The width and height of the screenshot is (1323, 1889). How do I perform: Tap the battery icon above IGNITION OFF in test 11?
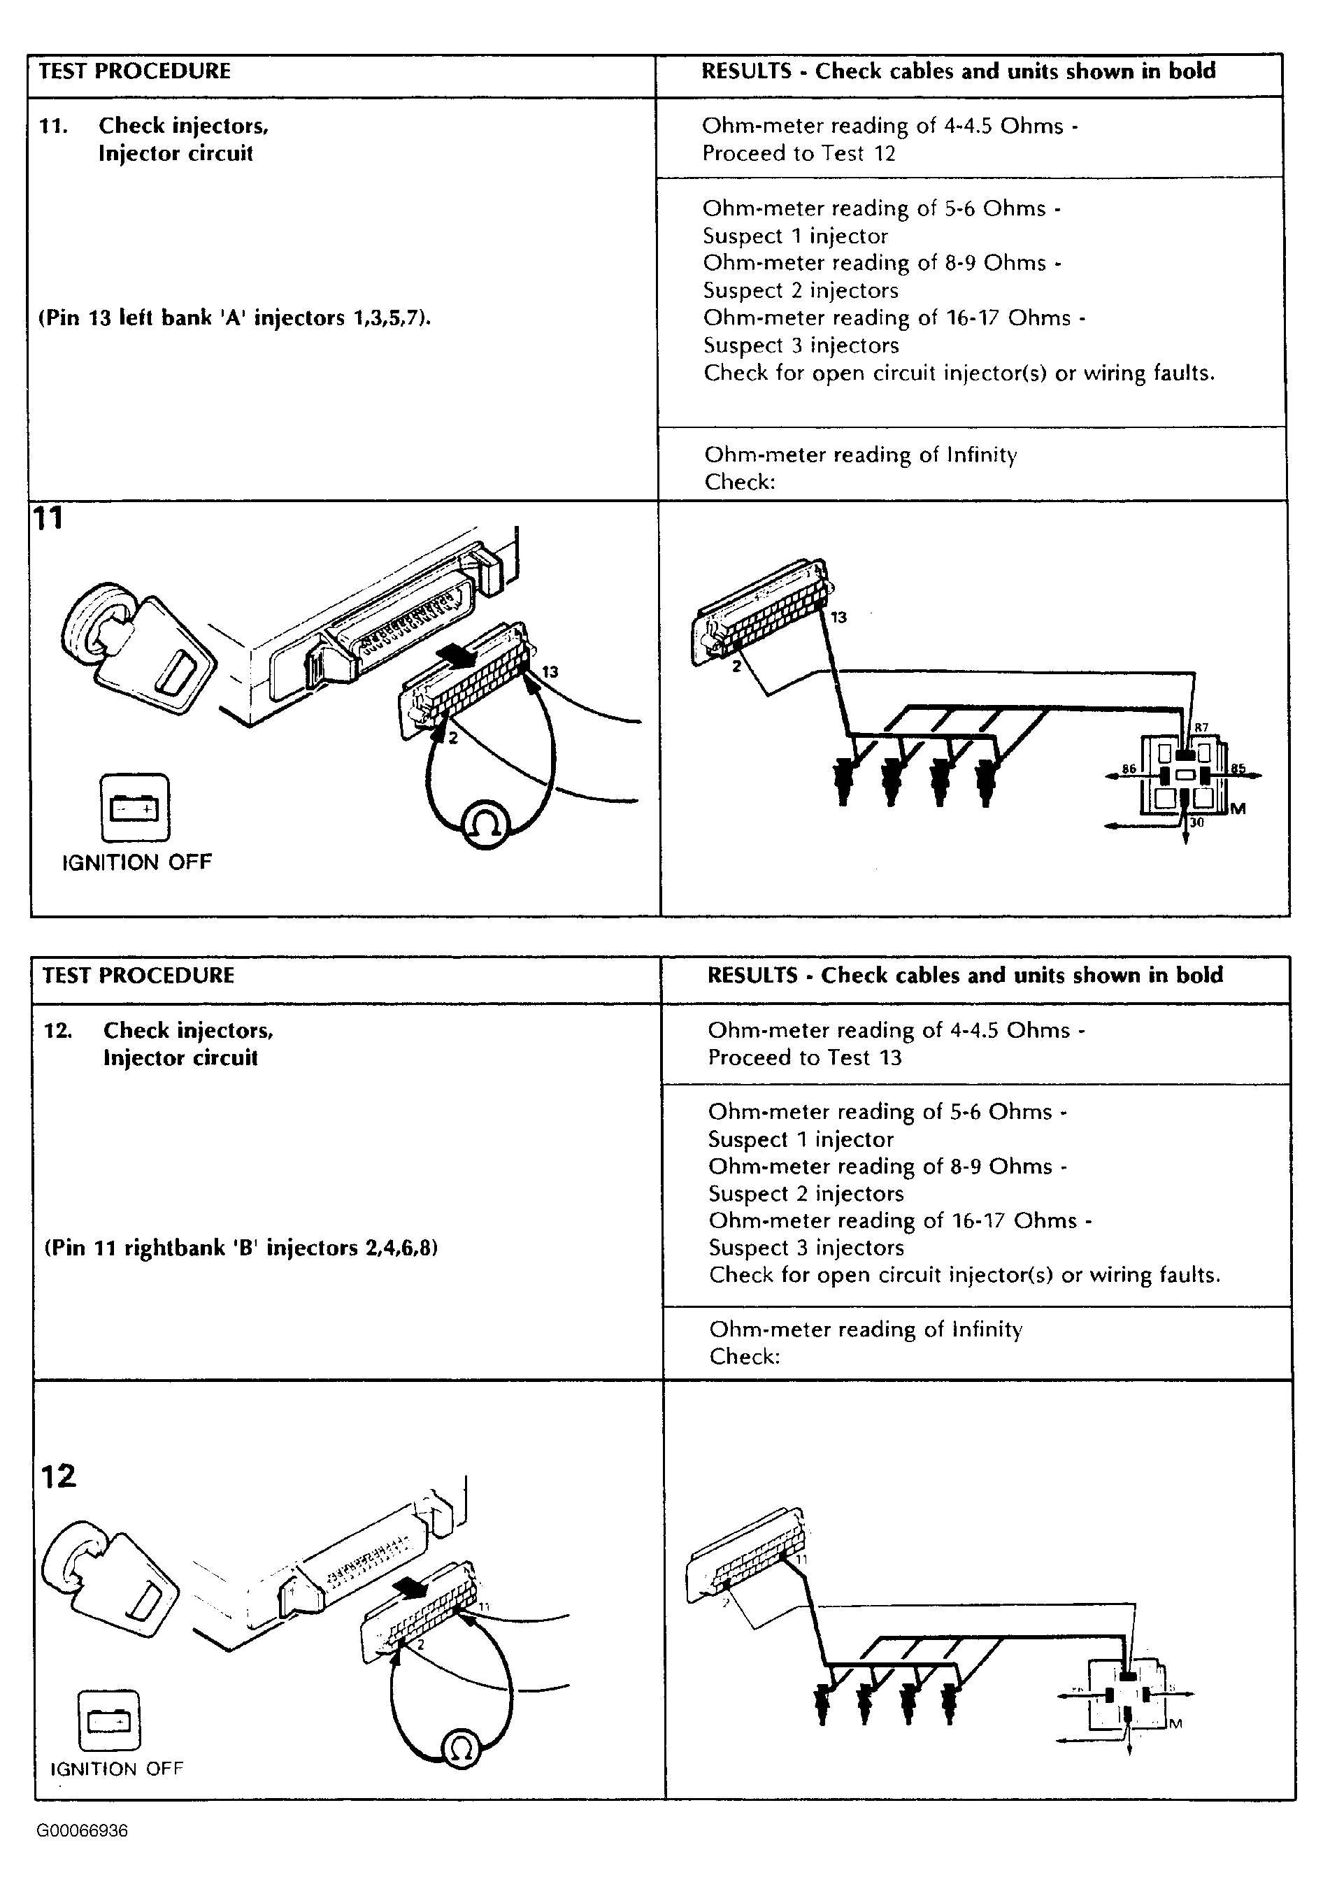[x=135, y=808]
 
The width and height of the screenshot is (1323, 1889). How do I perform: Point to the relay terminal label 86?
[x=1129, y=769]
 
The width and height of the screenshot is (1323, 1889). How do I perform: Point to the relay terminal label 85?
[x=1238, y=769]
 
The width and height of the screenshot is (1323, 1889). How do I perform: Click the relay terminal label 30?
[x=1196, y=822]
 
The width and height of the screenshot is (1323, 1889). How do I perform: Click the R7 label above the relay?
[x=1201, y=727]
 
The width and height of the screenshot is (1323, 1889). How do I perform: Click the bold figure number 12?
[x=59, y=1475]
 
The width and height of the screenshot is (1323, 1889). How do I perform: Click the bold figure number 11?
[x=48, y=518]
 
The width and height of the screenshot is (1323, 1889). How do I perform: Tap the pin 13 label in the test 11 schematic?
[x=838, y=617]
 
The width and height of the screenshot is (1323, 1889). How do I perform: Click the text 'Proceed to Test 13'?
[x=805, y=1057]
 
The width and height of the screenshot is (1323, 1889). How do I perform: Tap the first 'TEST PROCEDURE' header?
[x=135, y=71]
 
